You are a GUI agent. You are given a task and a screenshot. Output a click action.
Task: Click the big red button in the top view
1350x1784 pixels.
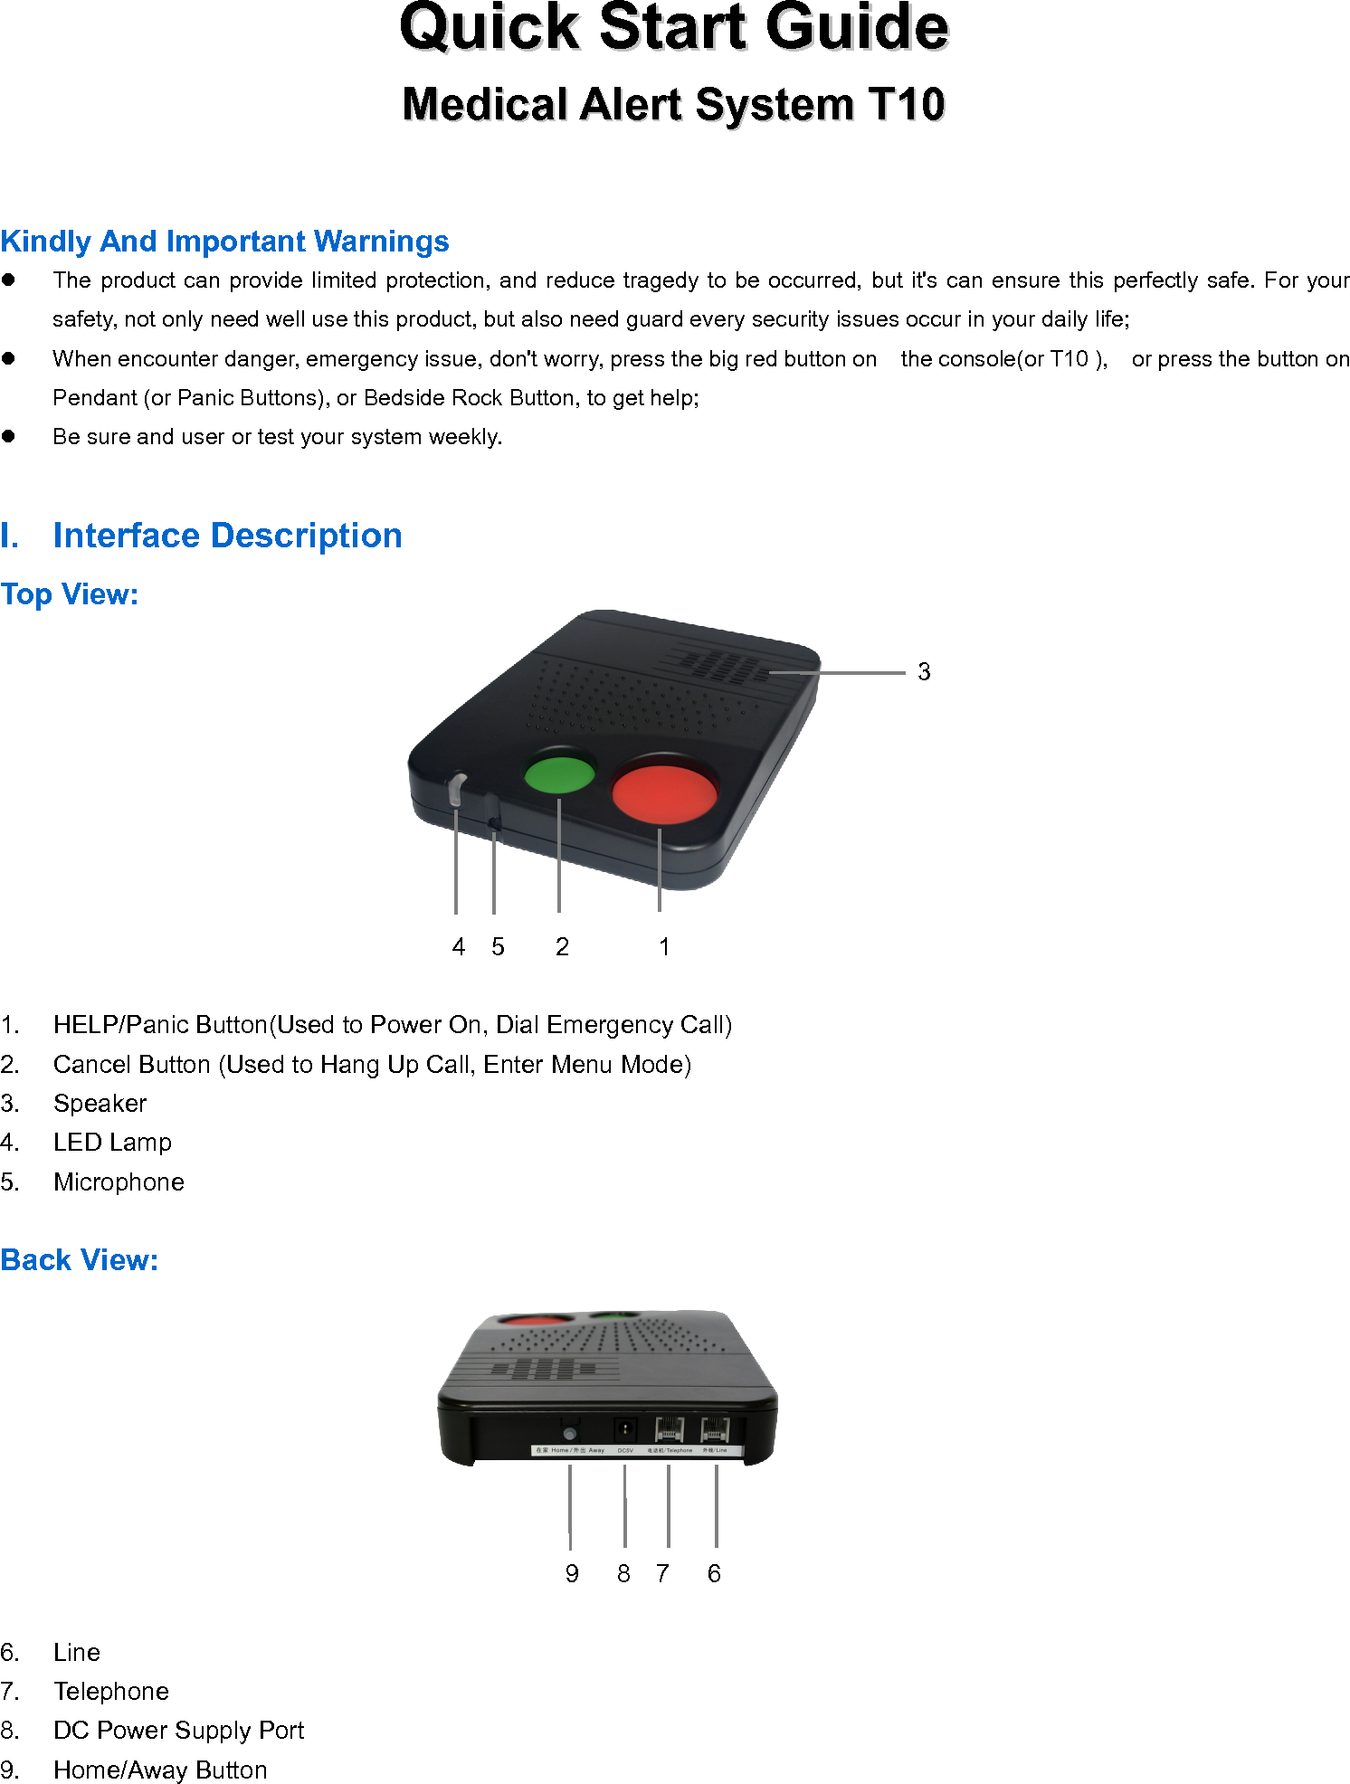pos(664,792)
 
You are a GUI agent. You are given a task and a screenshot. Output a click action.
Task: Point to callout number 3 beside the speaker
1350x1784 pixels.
pos(924,672)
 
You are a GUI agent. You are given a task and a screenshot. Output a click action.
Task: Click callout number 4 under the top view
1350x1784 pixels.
pos(459,946)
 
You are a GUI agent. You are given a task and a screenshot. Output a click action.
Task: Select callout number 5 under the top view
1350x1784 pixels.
pos(498,946)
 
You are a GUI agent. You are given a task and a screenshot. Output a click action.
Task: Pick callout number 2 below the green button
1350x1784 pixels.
pos(562,946)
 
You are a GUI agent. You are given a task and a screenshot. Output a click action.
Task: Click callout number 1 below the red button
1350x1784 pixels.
pos(664,946)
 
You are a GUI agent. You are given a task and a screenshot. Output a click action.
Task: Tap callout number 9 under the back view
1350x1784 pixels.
pos(572,1574)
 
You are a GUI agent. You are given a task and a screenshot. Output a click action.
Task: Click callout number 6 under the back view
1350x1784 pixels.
pos(714,1574)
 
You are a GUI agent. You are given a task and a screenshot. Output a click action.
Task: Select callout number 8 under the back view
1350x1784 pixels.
pos(623,1574)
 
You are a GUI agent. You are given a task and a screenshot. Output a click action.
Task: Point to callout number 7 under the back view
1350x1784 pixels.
pos(663,1574)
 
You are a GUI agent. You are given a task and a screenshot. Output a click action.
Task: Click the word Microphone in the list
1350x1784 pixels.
pos(119,1182)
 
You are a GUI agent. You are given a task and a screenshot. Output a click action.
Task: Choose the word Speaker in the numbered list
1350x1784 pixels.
pos(100,1104)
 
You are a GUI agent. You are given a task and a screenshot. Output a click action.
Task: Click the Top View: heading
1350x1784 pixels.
pos(70,594)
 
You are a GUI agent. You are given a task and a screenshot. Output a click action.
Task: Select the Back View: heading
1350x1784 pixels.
pos(80,1260)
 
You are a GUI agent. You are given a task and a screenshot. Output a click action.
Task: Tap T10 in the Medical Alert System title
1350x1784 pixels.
pos(907,104)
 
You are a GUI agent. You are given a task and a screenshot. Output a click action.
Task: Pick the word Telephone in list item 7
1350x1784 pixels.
pos(111,1692)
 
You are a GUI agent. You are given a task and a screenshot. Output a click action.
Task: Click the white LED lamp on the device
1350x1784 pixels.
pos(457,788)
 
